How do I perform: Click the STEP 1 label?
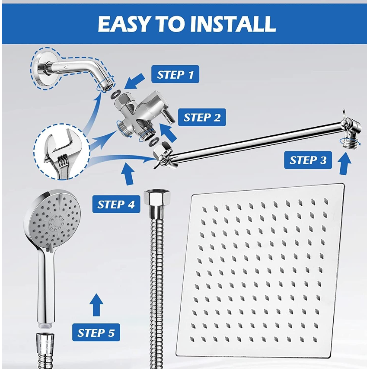(175, 74)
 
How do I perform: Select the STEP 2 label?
(202, 117)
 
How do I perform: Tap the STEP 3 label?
(308, 160)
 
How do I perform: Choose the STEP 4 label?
(116, 204)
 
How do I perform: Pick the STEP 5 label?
(96, 333)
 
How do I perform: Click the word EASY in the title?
(124, 24)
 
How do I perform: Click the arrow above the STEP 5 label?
(96, 305)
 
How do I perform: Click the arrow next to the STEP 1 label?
(134, 81)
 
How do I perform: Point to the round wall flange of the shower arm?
(40, 68)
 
